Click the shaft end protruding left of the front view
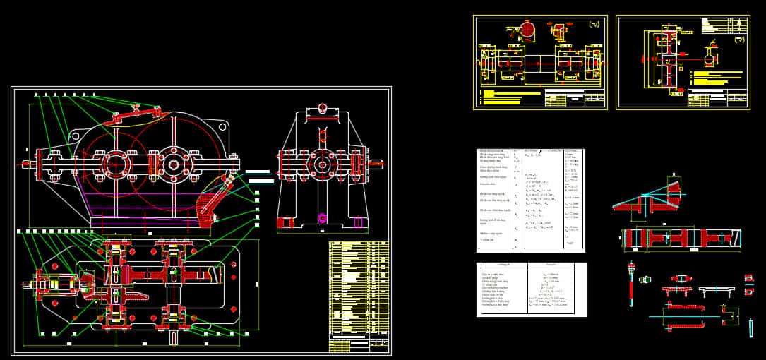pyautogui.click(x=26, y=165)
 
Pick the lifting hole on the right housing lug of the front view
pyautogui.click(x=222, y=127)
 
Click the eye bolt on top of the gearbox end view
pyautogui.click(x=323, y=108)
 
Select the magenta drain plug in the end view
pyautogui.click(x=323, y=215)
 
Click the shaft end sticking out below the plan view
pyautogui.click(x=174, y=338)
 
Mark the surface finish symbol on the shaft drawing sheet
pyautogui.click(x=594, y=25)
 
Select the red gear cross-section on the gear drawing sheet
pyautogui.click(x=666, y=59)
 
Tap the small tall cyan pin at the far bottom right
pyautogui.click(x=750, y=327)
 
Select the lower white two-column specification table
pyautogui.click(x=531, y=289)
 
